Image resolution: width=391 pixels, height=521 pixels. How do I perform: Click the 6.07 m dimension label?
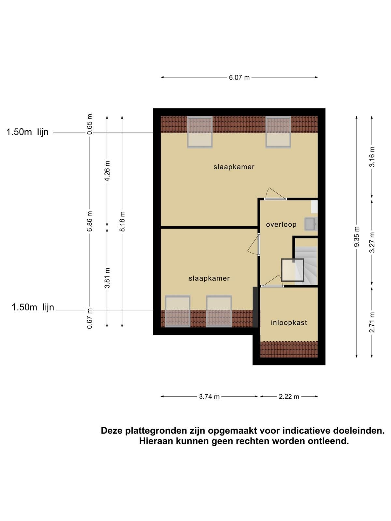[x=239, y=77]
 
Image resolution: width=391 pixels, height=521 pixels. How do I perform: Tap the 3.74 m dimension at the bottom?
[x=209, y=396]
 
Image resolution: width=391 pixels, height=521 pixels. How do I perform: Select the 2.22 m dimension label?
[x=289, y=396]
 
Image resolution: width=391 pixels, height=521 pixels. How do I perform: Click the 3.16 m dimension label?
[x=372, y=157]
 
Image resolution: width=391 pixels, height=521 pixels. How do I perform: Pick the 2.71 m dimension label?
[x=372, y=322]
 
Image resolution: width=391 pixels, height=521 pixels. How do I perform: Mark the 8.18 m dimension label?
[x=122, y=221]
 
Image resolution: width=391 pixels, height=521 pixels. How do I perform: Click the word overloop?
[x=281, y=224]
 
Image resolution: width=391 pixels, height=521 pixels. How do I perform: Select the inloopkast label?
[x=289, y=323]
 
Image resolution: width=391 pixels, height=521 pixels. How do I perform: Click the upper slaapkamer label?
[x=234, y=167]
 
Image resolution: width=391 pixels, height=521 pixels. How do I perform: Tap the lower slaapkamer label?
[x=209, y=278]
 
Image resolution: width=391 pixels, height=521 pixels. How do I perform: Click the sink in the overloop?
[x=310, y=224]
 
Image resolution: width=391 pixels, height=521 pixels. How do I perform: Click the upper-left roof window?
[x=200, y=132]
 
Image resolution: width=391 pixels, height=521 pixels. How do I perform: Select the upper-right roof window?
[x=278, y=132]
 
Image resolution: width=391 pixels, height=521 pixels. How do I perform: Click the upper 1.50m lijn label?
[x=27, y=132]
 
